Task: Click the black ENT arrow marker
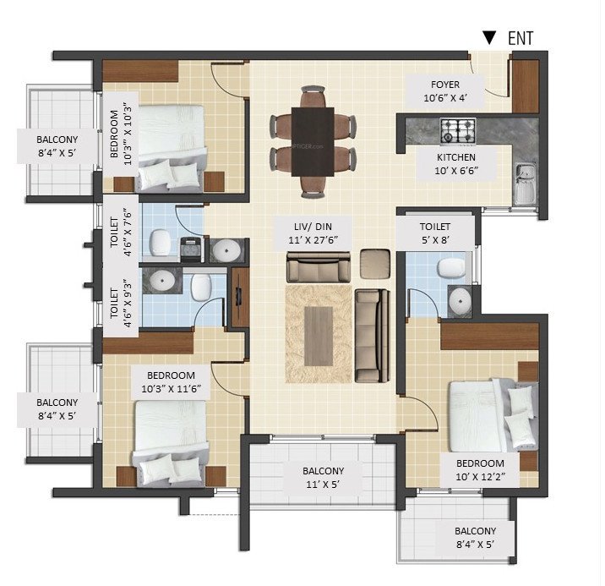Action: [x=488, y=37]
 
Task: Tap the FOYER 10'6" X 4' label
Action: [x=444, y=90]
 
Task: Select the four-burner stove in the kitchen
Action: [x=457, y=130]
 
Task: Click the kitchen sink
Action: [x=526, y=183]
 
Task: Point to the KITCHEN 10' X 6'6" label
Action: [x=455, y=164]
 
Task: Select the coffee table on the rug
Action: [x=319, y=336]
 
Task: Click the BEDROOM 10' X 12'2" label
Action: [x=480, y=470]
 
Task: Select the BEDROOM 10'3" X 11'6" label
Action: [x=171, y=382]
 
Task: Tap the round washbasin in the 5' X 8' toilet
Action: [x=460, y=298]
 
